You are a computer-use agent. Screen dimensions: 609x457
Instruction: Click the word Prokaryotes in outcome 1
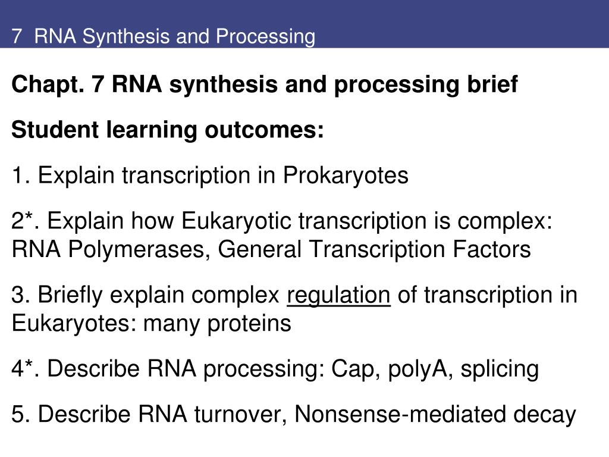346,176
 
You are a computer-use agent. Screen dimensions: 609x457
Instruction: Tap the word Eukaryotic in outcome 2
236,221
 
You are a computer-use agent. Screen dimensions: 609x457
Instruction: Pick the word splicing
500,369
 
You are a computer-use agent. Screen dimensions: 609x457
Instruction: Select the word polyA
420,369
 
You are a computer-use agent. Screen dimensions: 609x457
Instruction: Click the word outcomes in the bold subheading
264,130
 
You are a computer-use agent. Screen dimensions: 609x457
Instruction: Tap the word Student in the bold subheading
55,130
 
